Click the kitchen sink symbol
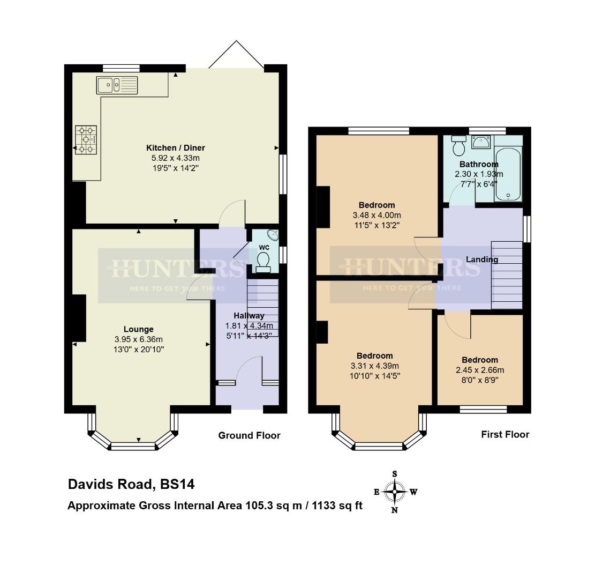117,85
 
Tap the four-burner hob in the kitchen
86,140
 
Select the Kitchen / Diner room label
176,148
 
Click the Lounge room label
139,329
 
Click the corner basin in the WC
273,234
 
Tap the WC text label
264,247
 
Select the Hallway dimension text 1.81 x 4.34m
249,326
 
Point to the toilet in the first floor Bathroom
458,145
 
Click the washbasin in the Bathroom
481,142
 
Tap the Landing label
482,259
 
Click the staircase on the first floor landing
506,275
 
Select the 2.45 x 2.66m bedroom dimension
480,370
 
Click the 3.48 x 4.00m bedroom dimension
376,215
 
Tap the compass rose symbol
395,492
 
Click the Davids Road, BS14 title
131,485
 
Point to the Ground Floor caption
249,435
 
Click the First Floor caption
505,434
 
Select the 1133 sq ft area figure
335,505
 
